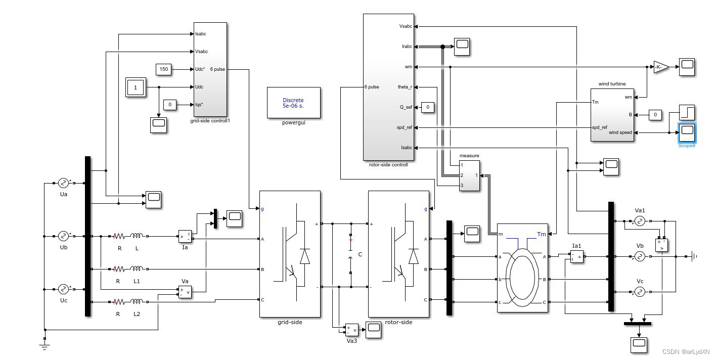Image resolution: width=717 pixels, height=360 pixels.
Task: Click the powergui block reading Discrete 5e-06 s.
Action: [293, 103]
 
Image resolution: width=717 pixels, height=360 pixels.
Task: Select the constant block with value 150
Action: [163, 69]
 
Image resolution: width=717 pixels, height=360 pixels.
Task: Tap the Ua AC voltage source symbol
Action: [63, 183]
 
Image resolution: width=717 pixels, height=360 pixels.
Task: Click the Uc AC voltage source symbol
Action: [63, 289]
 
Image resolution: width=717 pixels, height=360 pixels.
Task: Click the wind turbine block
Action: [612, 115]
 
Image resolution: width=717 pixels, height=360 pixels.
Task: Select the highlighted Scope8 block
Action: [687, 132]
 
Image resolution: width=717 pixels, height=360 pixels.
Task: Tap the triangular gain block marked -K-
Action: [660, 67]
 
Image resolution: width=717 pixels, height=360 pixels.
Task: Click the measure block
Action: [469, 175]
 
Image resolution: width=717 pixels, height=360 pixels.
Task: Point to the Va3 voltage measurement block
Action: [351, 330]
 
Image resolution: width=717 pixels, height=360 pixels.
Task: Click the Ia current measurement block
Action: [185, 236]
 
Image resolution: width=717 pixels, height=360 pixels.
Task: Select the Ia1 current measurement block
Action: [576, 257]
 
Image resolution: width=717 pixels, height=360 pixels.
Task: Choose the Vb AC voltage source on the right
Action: [639, 257]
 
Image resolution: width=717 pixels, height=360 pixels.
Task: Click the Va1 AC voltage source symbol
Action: [639, 221]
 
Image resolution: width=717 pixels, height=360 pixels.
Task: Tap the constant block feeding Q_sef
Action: [428, 107]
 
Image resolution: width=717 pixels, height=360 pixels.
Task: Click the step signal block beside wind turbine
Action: [687, 112]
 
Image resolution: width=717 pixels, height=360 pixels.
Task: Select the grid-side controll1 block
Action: [210, 69]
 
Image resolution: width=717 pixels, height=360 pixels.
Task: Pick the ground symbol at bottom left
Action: [44, 346]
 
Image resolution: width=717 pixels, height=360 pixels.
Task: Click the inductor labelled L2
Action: [137, 302]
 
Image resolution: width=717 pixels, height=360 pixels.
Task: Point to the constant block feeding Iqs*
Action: [170, 105]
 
